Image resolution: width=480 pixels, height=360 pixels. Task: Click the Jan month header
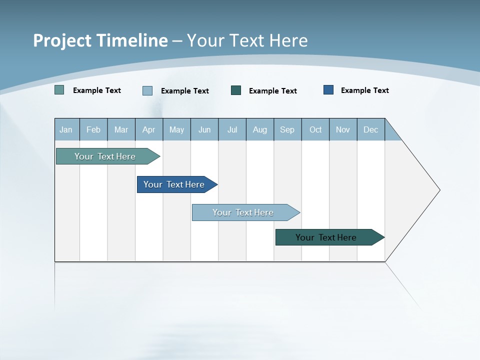pyautogui.click(x=66, y=130)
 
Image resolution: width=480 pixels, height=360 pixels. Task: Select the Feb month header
pyautogui.click(x=93, y=130)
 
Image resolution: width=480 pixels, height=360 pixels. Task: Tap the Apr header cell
pyautogui.click(x=149, y=130)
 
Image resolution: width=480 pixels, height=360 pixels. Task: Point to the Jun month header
pyautogui.click(x=204, y=130)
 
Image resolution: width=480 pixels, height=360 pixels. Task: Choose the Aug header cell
pyautogui.click(x=260, y=130)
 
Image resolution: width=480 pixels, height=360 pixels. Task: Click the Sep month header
pyautogui.click(x=287, y=130)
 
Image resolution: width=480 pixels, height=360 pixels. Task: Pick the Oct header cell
pyautogui.click(x=315, y=130)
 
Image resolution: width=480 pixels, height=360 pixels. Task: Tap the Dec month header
pyautogui.click(x=371, y=130)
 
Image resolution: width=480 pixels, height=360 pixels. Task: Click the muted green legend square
pyautogui.click(x=59, y=90)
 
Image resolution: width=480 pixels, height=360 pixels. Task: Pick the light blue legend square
pyautogui.click(x=147, y=90)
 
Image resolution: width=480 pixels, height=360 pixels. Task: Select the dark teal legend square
pyautogui.click(x=236, y=90)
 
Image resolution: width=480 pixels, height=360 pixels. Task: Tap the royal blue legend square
pyautogui.click(x=328, y=90)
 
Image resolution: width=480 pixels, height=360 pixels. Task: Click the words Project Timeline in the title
pyautogui.click(x=100, y=40)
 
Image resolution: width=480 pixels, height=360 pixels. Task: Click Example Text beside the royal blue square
pyautogui.click(x=364, y=90)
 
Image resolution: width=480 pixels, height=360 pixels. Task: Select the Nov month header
pyautogui.click(x=343, y=130)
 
